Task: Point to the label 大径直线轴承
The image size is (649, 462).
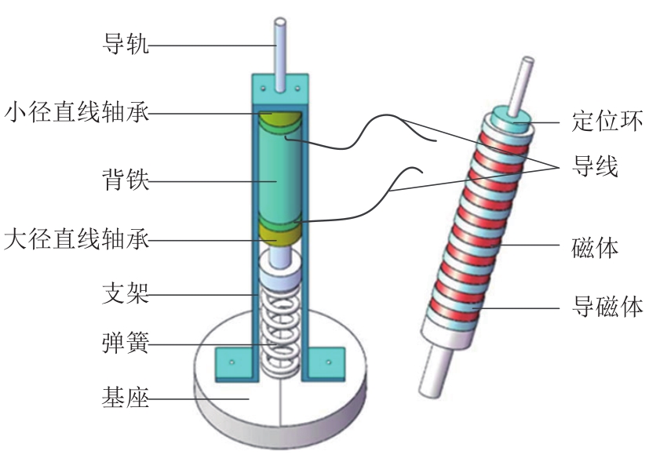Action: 76,238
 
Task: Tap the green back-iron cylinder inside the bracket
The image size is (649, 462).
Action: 281,176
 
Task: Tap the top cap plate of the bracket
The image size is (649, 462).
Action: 280,87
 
